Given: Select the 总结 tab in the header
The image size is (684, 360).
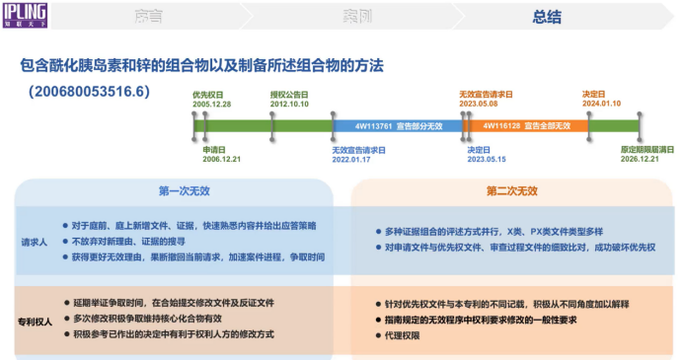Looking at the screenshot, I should [x=548, y=17].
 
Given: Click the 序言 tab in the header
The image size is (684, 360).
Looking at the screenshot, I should [x=147, y=17].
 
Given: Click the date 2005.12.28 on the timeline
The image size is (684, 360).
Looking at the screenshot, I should [x=212, y=104].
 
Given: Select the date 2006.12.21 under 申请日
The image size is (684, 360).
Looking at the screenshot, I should [x=222, y=159].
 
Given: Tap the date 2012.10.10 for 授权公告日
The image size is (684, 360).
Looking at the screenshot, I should [x=290, y=104].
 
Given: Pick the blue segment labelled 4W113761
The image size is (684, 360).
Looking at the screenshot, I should [x=400, y=126].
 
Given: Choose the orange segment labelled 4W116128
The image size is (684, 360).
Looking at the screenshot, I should [x=526, y=126].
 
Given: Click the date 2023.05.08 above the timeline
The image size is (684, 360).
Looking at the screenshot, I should [x=479, y=104].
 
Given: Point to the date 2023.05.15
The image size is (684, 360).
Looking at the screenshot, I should [x=487, y=159].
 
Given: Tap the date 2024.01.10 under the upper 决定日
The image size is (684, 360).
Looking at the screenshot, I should [x=601, y=104].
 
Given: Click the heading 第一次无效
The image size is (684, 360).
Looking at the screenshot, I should [x=183, y=190].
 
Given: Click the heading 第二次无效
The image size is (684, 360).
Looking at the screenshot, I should [x=511, y=190].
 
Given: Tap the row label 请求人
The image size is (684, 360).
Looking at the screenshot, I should [x=35, y=241].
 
